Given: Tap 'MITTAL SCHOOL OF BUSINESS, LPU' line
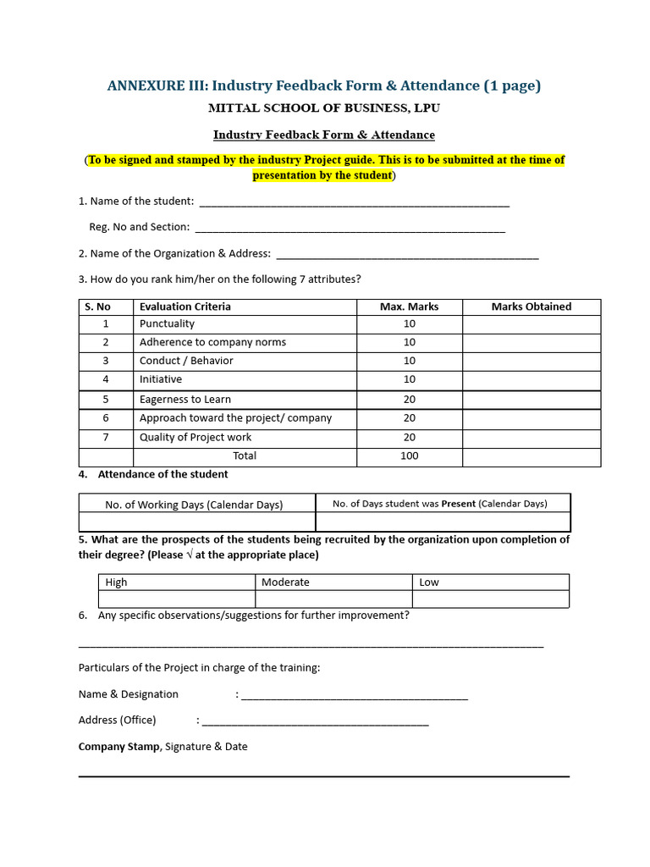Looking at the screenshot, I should [x=324, y=108].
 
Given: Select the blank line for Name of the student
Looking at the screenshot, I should [x=354, y=203].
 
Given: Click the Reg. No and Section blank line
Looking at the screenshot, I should [x=350, y=229].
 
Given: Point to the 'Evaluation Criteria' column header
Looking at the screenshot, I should [x=185, y=306].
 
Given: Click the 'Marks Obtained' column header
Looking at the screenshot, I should [x=531, y=306].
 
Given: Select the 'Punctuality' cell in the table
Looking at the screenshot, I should [x=167, y=324].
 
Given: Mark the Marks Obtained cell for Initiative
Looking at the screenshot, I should [x=531, y=380].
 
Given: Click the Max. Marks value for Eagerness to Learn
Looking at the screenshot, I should [x=409, y=400].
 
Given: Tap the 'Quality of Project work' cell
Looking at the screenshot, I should [x=196, y=438].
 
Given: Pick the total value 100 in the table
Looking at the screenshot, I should [x=409, y=456].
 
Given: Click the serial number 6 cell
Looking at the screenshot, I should [x=106, y=418].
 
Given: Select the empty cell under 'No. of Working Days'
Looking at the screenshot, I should [x=196, y=522].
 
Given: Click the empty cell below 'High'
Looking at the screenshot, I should [x=177, y=599].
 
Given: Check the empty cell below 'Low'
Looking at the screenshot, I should [x=491, y=599].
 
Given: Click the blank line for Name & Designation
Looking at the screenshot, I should [x=354, y=697].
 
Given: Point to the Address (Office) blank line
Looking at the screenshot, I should [x=315, y=722].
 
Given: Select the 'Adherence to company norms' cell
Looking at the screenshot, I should [x=212, y=343].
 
